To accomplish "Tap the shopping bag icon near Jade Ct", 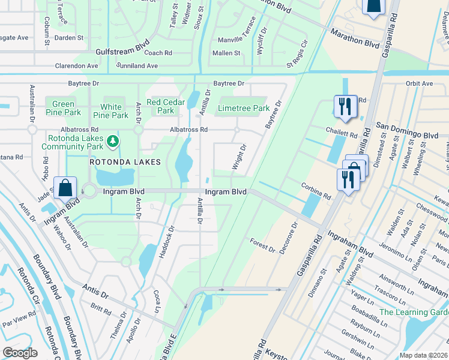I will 64,187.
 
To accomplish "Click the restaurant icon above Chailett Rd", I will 345,106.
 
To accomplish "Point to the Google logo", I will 20,353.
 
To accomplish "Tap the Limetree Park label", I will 244,109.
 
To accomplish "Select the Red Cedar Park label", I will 165,106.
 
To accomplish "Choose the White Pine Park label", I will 111,111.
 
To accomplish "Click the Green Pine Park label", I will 63,108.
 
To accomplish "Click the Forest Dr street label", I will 262,245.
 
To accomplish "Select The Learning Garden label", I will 414,312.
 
